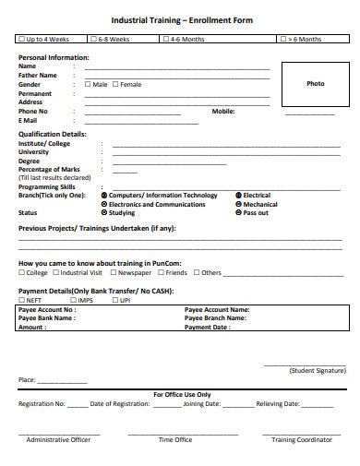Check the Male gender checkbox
(88, 84)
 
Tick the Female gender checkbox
(115, 84)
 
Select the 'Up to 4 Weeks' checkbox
(21, 40)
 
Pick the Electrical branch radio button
(238, 196)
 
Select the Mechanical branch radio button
(238, 204)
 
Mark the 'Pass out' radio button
(238, 212)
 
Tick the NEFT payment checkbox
(21, 300)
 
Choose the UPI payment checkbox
(115, 300)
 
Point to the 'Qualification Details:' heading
(53, 134)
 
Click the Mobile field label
(223, 111)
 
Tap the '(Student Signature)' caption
(310, 370)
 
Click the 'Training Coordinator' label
(301, 440)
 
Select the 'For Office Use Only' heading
(182, 394)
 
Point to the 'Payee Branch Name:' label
(217, 317)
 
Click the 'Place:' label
(27, 379)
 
